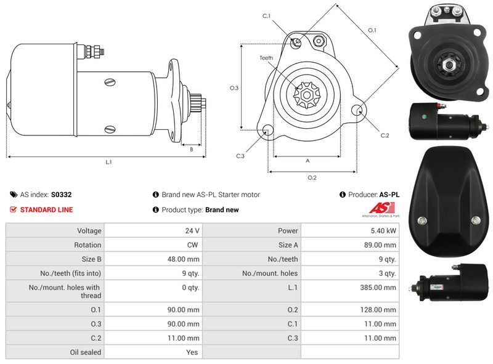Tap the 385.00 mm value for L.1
pyautogui.click(x=383, y=287)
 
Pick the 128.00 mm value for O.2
pyautogui.click(x=383, y=310)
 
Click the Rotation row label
pyautogui.click(x=87, y=245)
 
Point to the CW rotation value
pyautogui.click(x=193, y=245)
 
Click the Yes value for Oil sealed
pyautogui.click(x=193, y=352)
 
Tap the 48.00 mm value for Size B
pyautogui.click(x=185, y=259)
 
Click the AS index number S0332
pyautogui.click(x=61, y=195)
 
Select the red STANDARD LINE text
pyautogui.click(x=46, y=210)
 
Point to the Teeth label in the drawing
pyautogui.click(x=266, y=59)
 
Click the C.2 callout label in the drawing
pyautogui.click(x=385, y=135)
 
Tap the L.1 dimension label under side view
pyautogui.click(x=108, y=162)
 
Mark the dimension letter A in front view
pyautogui.click(x=307, y=161)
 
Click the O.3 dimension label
pyautogui.click(x=234, y=88)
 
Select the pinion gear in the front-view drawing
pyautogui.click(x=306, y=92)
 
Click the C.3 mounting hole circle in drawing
pyautogui.click(x=267, y=131)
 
